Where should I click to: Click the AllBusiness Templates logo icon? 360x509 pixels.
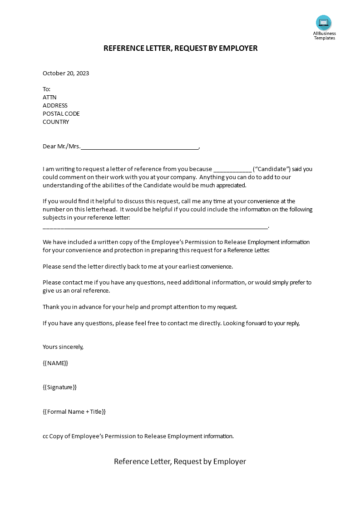click(x=324, y=23)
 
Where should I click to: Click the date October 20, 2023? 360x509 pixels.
click(x=66, y=73)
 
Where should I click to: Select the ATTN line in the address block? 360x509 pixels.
click(x=49, y=98)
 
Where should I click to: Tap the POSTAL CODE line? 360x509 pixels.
click(x=61, y=114)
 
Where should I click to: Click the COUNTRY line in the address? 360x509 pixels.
click(x=56, y=122)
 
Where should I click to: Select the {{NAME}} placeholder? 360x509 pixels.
click(x=55, y=363)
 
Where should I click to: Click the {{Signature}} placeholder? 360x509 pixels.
click(x=60, y=387)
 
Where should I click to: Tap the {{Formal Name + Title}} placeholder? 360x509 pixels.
click(x=74, y=412)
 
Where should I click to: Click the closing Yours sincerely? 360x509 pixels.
click(x=63, y=347)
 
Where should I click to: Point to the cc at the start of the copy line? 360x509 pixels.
click(x=45, y=436)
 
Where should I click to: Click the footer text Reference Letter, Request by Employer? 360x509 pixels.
click(x=180, y=461)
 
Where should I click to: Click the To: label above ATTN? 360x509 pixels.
click(x=47, y=89)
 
